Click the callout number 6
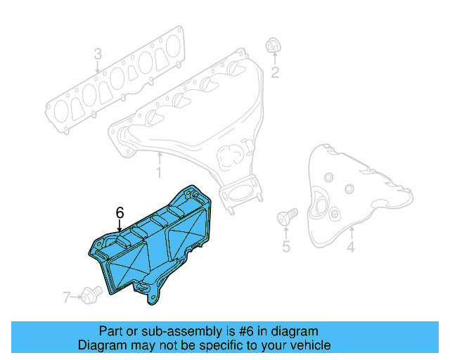point(120,212)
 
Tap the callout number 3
point(98,53)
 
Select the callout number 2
point(276,72)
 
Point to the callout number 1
point(159,171)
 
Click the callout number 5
point(286,246)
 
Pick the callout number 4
point(351,247)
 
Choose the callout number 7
point(67,298)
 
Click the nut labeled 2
point(271,46)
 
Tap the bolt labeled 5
point(286,215)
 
